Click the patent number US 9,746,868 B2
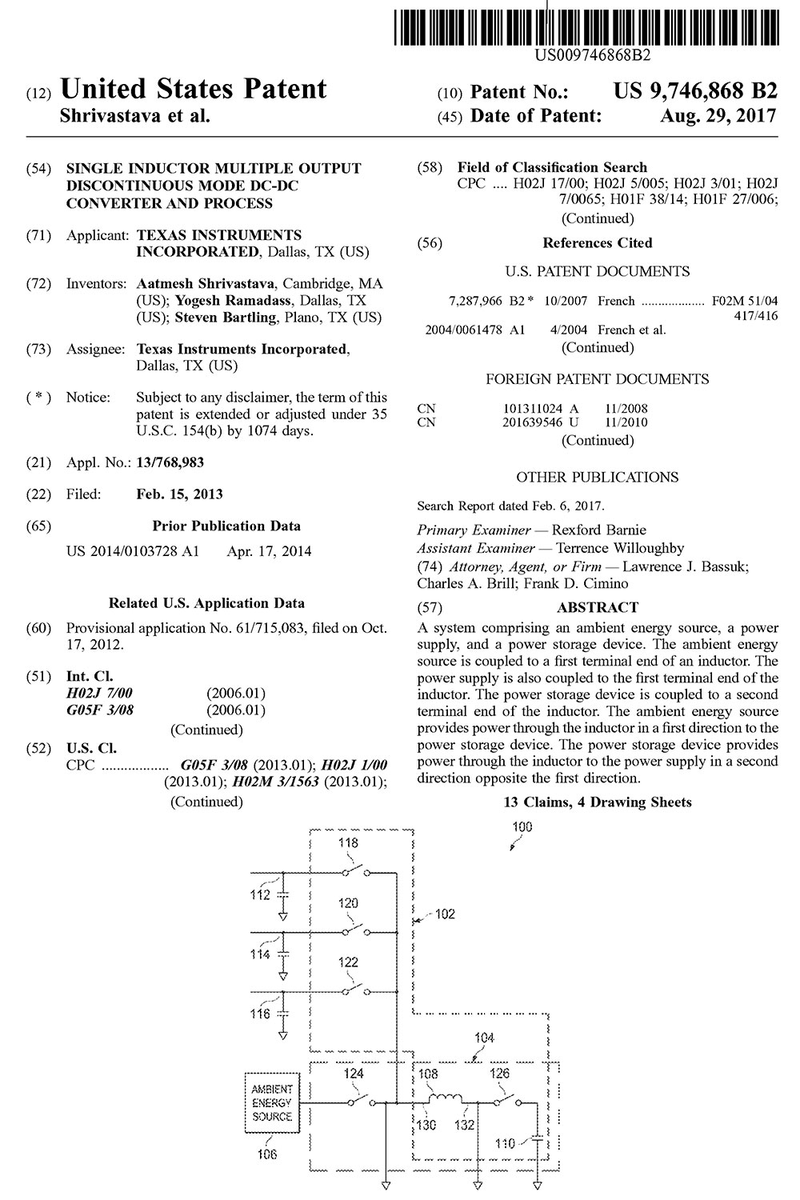pos(694,90)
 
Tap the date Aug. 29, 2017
pos(718,116)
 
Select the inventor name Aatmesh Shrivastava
pos(205,284)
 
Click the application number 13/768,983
pos(170,462)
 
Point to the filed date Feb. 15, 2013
pos(179,494)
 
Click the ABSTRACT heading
pos(597,607)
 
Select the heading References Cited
pos(597,242)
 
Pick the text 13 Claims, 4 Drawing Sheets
pos(597,802)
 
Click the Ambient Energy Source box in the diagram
pos(272,1102)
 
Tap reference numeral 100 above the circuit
pos(522,827)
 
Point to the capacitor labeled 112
pos(283,893)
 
